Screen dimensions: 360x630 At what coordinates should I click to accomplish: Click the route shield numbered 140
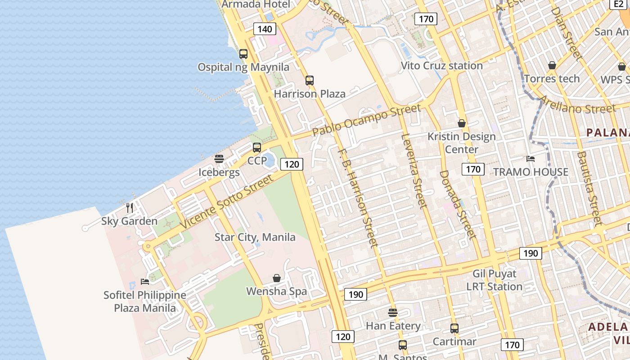[x=265, y=29]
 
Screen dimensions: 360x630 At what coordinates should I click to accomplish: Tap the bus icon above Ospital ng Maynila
[x=243, y=54]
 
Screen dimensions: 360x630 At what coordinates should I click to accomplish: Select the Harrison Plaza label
[x=310, y=94]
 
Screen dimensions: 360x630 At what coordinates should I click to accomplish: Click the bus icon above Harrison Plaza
[x=310, y=81]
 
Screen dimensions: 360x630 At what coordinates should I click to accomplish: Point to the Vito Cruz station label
[x=441, y=66]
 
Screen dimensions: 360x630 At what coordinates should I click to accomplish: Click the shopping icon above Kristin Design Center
[x=462, y=123]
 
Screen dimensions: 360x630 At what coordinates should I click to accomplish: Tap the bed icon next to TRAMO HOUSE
[x=531, y=158]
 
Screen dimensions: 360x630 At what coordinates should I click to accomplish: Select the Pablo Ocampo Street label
[x=367, y=120]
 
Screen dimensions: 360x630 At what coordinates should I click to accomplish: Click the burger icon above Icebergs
[x=219, y=158]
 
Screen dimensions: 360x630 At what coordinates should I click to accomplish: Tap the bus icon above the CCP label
[x=257, y=147]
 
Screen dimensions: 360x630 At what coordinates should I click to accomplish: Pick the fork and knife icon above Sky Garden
[x=130, y=207]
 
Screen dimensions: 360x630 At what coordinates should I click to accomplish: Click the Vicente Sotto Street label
[x=226, y=202]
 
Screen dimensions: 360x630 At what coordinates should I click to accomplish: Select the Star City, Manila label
[x=255, y=237]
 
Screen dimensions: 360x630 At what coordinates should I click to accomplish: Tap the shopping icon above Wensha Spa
[x=277, y=278]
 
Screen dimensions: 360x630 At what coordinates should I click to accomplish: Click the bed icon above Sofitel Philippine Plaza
[x=145, y=281]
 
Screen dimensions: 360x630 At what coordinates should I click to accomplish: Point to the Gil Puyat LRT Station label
[x=494, y=280]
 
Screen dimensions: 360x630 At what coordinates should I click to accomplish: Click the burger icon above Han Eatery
[x=393, y=312]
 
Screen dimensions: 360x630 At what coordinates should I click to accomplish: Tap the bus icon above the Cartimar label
[x=454, y=328]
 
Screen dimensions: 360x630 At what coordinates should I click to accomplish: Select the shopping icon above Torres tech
[x=552, y=65]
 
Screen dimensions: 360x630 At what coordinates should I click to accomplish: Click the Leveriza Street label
[x=413, y=171]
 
